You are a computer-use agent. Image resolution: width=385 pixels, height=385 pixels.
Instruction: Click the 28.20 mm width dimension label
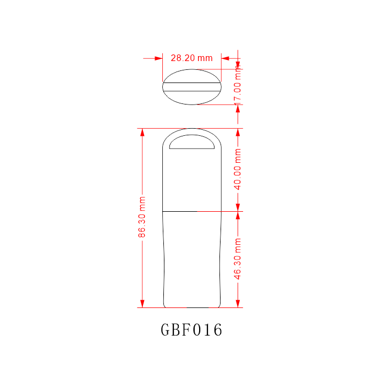coord(191,58)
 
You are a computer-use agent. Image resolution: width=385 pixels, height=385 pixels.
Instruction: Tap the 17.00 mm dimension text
coord(238,85)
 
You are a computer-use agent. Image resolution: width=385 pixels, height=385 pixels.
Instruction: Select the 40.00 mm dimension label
coord(238,169)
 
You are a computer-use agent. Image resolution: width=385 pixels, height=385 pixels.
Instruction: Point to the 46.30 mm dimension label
coord(238,259)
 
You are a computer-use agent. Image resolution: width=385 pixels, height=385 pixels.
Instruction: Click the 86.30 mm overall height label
coord(142,217)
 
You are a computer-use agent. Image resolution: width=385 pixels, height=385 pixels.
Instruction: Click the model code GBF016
coord(191,329)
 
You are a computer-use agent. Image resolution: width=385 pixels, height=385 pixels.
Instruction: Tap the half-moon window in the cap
coord(192,142)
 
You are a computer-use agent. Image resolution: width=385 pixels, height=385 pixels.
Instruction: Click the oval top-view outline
coord(163,87)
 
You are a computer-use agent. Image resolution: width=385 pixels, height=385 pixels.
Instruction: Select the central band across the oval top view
coord(192,87)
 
